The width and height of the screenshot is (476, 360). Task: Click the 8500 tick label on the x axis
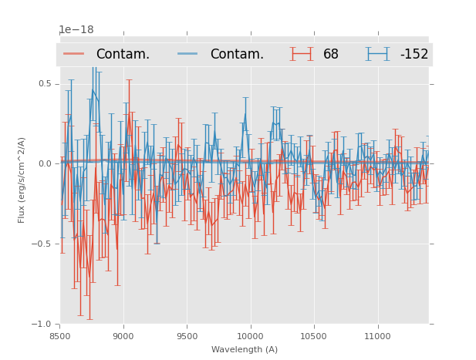tap(59, 336)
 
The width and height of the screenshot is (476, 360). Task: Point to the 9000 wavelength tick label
tap(123, 336)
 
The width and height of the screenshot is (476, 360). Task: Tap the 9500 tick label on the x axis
tap(187, 336)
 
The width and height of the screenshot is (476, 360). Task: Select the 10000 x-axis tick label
tap(250, 336)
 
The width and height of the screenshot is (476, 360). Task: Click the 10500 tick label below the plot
tap(313, 336)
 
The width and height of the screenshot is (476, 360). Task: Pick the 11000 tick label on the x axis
tap(377, 336)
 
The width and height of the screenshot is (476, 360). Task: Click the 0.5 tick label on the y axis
tap(45, 83)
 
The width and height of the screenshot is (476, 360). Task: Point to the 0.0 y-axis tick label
tap(45, 163)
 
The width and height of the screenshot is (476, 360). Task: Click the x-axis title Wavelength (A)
tap(245, 349)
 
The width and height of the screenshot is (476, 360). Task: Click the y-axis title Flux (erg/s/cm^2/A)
tap(22, 180)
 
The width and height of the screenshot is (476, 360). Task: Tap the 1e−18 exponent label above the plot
tap(76, 30)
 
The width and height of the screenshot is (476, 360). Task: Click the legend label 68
tap(331, 54)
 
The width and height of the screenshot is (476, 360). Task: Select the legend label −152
tap(414, 54)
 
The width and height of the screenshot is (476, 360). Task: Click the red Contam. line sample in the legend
tap(74, 54)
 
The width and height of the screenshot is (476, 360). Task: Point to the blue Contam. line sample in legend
tap(188, 54)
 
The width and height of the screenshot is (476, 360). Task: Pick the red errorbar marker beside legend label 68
tap(302, 54)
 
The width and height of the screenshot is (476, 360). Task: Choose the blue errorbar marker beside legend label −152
tap(377, 54)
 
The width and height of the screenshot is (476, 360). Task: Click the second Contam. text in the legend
tap(237, 54)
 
